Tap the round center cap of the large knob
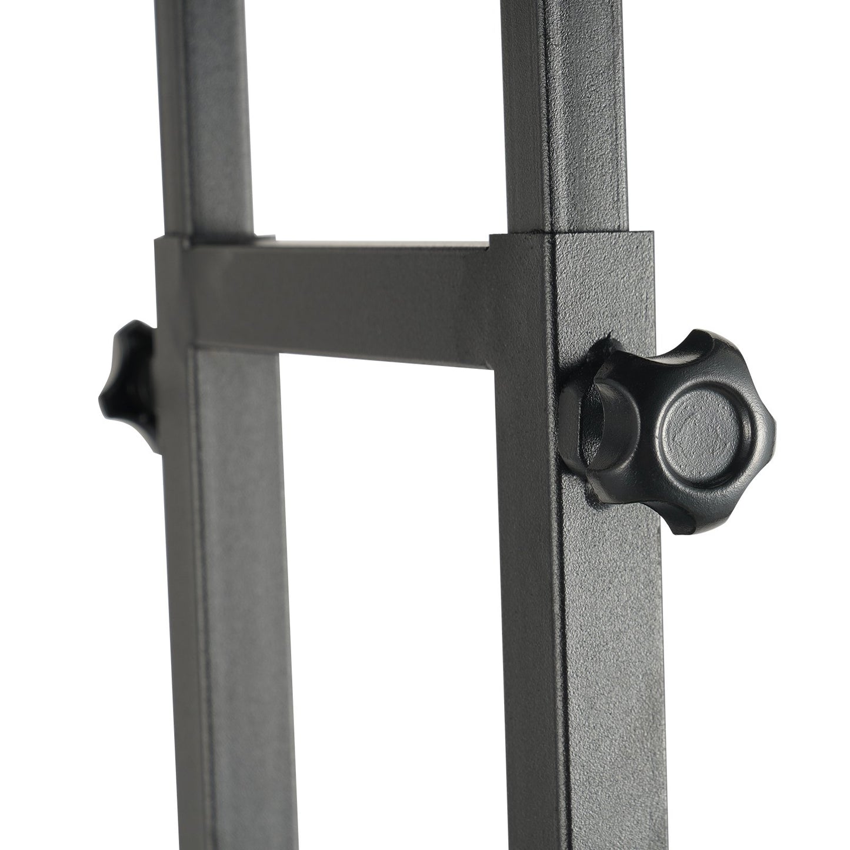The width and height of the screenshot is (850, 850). point(705,428)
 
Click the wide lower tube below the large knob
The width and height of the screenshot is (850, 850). point(594,676)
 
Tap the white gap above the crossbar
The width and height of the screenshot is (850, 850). point(376,118)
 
